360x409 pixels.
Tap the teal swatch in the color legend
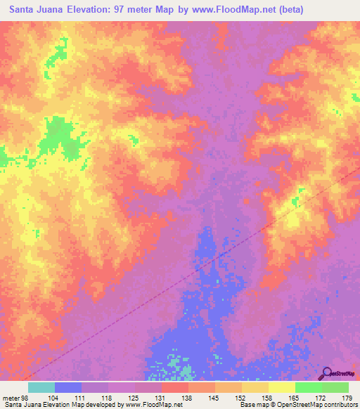(x=41, y=387)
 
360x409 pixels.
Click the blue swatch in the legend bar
(x=68, y=387)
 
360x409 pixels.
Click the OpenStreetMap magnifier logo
(x=327, y=373)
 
